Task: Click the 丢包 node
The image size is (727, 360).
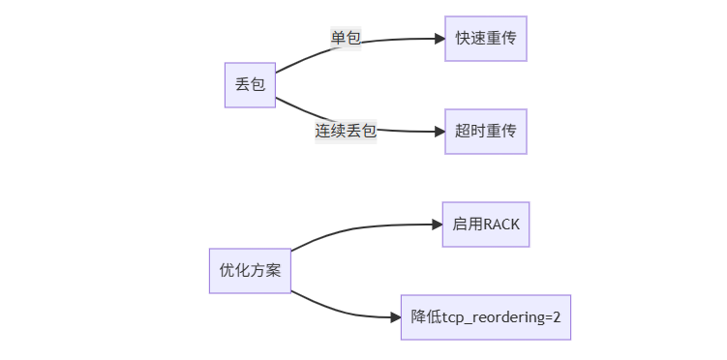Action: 250,84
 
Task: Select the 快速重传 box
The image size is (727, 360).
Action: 486,39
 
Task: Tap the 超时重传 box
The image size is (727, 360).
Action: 486,131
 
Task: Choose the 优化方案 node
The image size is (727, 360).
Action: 250,270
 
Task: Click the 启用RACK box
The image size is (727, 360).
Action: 486,224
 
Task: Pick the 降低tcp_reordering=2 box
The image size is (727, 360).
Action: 486,316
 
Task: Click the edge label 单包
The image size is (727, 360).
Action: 346,38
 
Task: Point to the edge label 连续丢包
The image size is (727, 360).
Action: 346,131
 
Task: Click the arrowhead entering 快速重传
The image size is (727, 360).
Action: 439,39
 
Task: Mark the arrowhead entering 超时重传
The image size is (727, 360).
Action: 439,131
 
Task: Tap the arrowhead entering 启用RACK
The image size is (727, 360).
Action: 435,225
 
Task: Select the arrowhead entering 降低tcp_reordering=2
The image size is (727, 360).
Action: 394,316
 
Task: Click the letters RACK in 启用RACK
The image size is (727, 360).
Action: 501,224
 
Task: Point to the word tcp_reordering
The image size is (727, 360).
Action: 493,316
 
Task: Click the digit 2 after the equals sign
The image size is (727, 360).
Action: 556,316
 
